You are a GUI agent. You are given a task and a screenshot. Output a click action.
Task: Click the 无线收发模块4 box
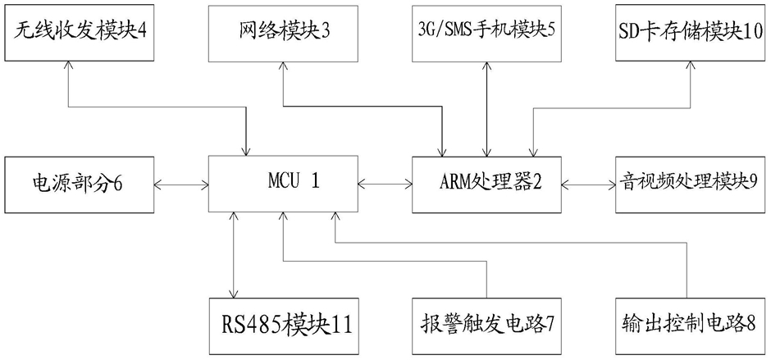coord(78,34)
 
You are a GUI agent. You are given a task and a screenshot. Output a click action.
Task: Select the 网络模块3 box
coord(281,34)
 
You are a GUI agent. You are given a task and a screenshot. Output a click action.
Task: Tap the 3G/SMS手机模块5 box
coord(486,34)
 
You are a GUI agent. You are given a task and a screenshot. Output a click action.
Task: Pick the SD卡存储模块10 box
coord(691,34)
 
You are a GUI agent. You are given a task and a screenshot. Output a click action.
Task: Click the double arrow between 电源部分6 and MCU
coord(180,184)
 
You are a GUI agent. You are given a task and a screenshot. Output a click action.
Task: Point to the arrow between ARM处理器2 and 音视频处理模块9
coord(587,184)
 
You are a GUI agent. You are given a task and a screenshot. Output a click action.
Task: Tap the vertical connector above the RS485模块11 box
coord(235,253)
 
